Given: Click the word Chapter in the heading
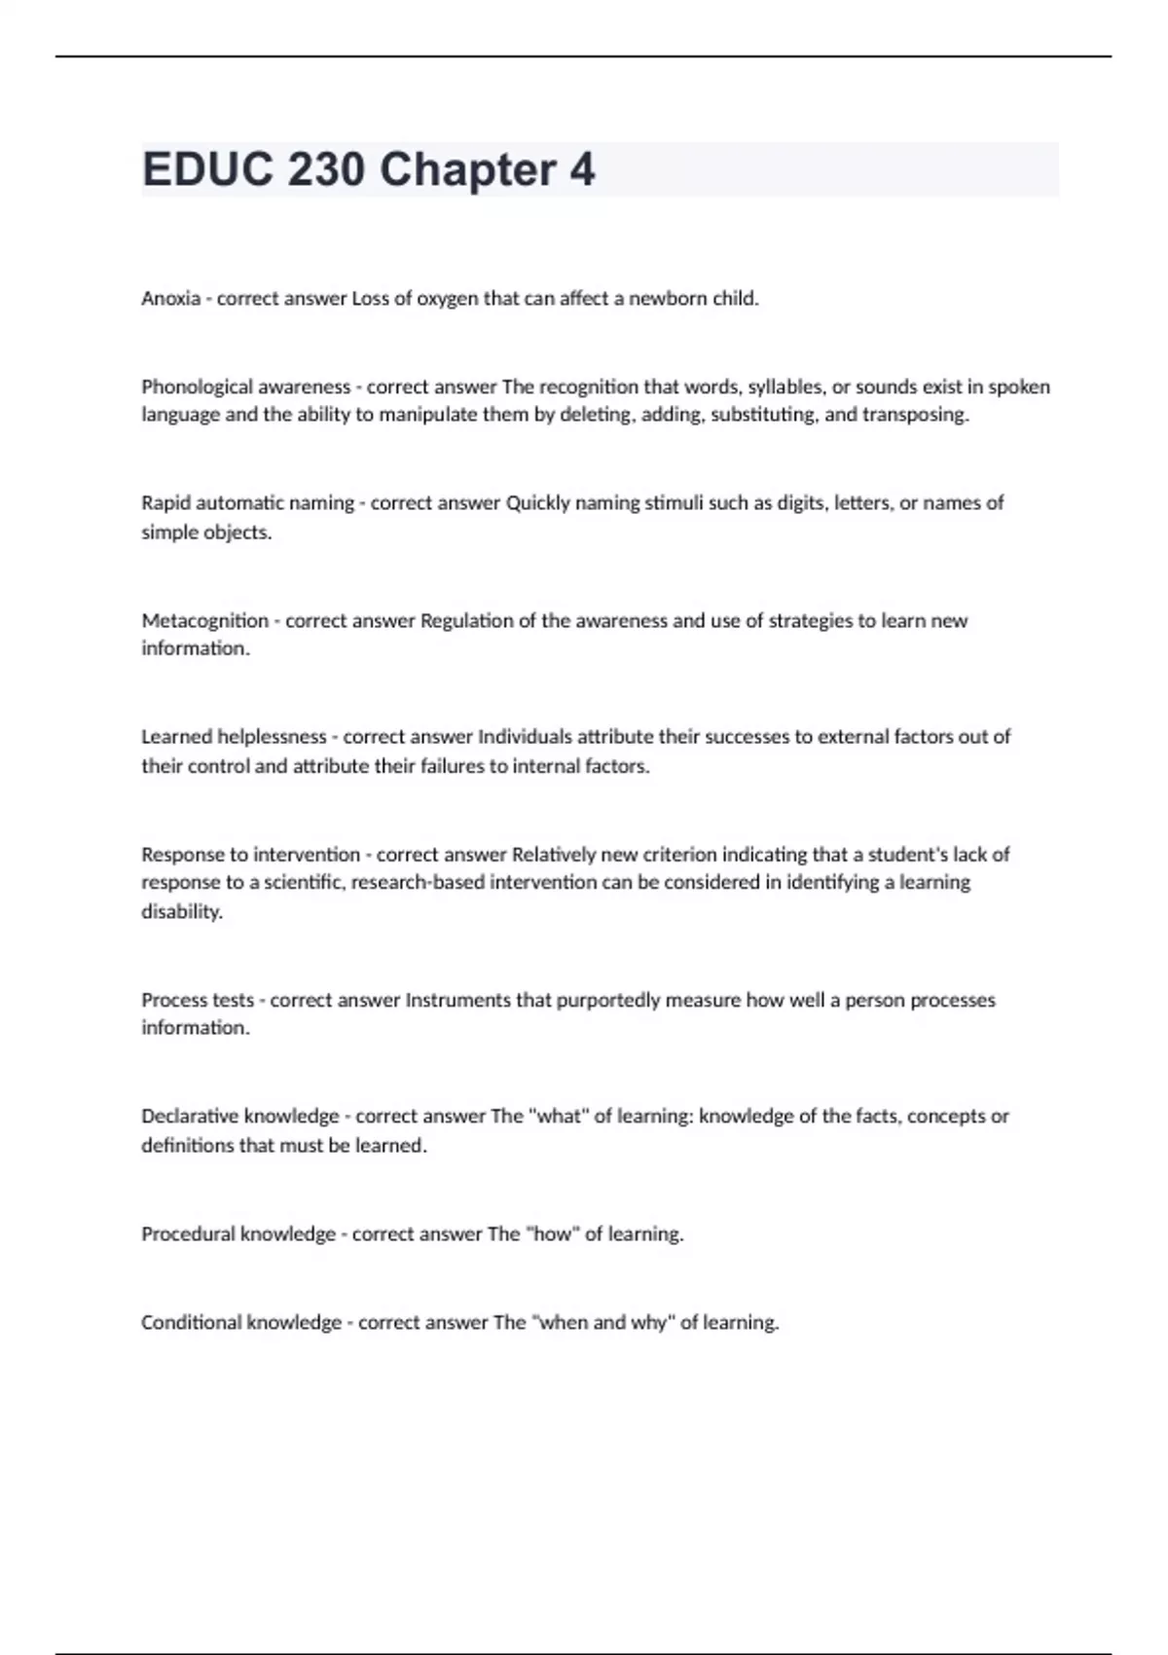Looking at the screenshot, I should coord(467,170).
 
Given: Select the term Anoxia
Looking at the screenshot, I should coord(170,299).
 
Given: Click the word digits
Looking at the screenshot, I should coord(798,503).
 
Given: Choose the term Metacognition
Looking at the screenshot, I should coord(204,620).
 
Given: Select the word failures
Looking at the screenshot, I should coord(452,766).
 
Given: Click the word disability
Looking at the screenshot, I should coord(181,912).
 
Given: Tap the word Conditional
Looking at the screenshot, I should coord(191,1323).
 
